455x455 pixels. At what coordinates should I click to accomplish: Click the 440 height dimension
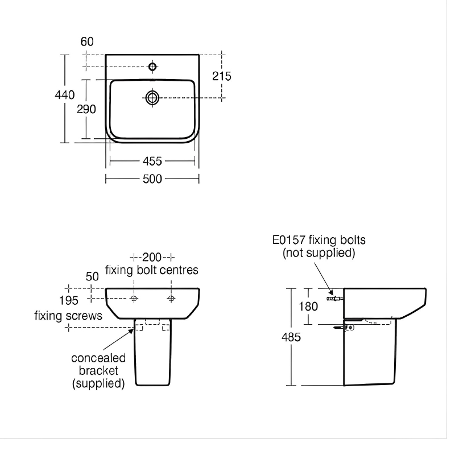65,95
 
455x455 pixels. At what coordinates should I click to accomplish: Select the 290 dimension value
87,109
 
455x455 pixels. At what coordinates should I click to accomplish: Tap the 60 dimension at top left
87,42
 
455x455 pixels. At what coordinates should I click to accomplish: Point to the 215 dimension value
221,76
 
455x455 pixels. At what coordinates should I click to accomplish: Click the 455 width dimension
152,161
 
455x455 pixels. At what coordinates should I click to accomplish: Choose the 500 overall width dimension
152,179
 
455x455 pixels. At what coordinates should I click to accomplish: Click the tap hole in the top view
152,67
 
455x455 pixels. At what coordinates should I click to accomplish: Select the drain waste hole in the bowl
152,98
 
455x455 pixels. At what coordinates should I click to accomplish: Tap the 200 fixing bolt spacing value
152,256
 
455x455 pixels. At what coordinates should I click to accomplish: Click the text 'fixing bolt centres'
152,270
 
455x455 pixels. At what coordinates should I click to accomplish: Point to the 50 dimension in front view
93,276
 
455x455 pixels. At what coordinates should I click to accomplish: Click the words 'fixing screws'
68,315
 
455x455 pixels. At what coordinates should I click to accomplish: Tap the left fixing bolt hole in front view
134,299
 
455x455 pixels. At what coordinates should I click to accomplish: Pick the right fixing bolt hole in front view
171,299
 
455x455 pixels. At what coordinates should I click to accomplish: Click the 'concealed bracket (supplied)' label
98,371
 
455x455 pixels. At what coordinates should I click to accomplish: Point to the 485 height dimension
292,337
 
